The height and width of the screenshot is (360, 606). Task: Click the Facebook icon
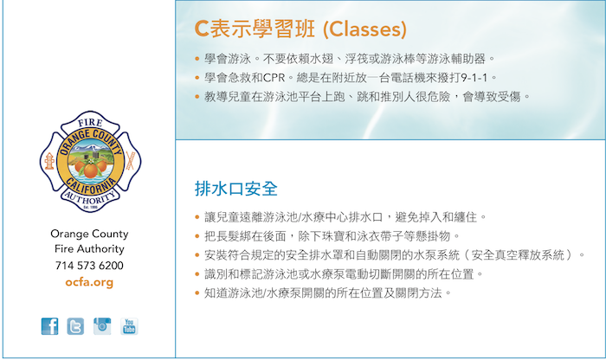pyautogui.click(x=50, y=326)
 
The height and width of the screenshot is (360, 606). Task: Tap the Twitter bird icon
pyautogui.click(x=75, y=326)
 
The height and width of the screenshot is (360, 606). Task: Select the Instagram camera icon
pyautogui.click(x=102, y=326)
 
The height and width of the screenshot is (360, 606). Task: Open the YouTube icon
pyautogui.click(x=129, y=326)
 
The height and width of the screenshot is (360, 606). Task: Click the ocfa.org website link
pyautogui.click(x=89, y=282)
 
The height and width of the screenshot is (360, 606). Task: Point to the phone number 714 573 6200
pyautogui.click(x=89, y=266)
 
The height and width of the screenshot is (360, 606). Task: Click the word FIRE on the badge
pyautogui.click(x=90, y=123)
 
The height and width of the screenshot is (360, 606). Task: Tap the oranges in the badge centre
pyautogui.click(x=90, y=168)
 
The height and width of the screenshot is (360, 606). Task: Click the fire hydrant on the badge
pyautogui.click(x=49, y=161)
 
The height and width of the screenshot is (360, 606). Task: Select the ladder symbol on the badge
pyautogui.click(x=130, y=161)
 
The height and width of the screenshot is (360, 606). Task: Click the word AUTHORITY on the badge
pyautogui.click(x=90, y=199)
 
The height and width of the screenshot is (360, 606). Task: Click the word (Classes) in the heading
pyautogui.click(x=364, y=29)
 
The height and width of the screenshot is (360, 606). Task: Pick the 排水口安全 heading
pyautogui.click(x=236, y=189)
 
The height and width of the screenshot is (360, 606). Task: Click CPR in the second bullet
pyautogui.click(x=274, y=78)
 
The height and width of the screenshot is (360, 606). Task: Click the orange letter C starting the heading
pyautogui.click(x=202, y=29)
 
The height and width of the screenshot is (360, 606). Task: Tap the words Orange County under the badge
pyautogui.click(x=89, y=234)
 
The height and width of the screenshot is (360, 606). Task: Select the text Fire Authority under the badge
pyautogui.click(x=89, y=249)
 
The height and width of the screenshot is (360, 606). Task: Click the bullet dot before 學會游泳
pyautogui.click(x=197, y=59)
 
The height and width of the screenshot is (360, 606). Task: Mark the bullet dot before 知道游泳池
pyautogui.click(x=197, y=293)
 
